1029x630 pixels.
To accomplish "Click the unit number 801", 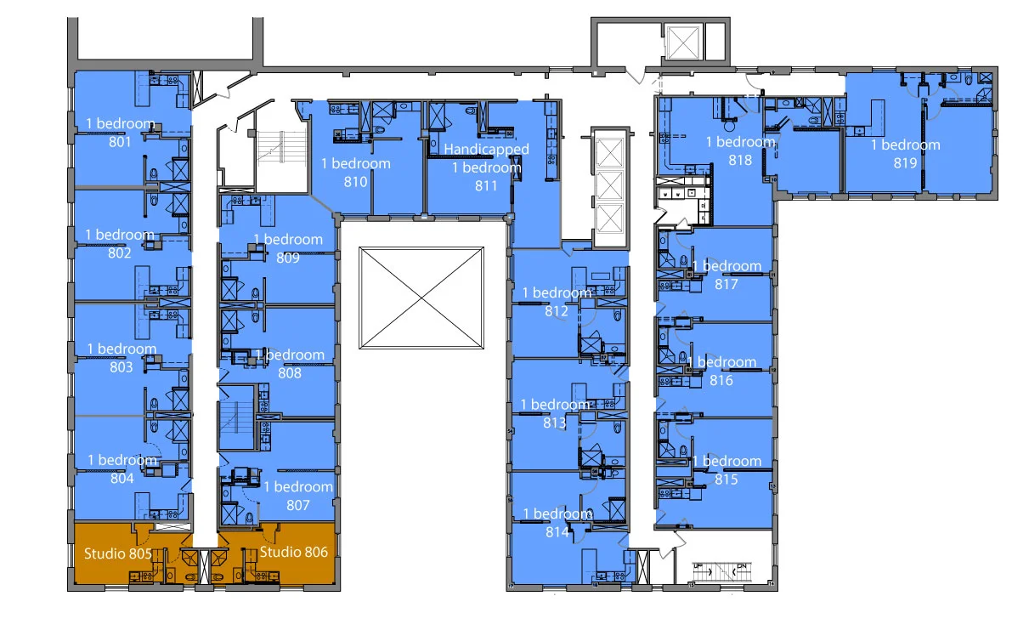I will [x=120, y=142].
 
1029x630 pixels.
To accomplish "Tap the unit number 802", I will [x=120, y=253].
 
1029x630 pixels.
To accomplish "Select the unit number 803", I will [x=122, y=367].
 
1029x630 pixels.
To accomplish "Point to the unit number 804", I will [x=122, y=479].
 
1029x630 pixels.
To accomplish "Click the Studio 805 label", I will [x=118, y=553].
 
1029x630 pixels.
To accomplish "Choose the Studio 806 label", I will [x=293, y=552].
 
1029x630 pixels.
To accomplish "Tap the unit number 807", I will [x=298, y=505].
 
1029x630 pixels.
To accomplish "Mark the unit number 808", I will [x=290, y=372].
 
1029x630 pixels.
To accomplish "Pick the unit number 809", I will [x=288, y=258].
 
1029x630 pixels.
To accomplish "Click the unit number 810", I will [x=355, y=182].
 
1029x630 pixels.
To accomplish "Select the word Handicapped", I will [x=487, y=150].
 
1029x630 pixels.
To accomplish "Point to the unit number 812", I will [x=557, y=311].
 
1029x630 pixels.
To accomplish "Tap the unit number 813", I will [x=555, y=423].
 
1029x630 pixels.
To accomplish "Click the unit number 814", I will [x=557, y=532].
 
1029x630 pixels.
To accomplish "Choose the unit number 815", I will [x=727, y=480].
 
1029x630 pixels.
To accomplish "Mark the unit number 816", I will [x=721, y=381].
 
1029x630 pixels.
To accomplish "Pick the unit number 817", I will [x=727, y=284].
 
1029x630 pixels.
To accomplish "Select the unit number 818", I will [x=740, y=160].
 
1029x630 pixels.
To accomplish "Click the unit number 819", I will [x=905, y=163].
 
